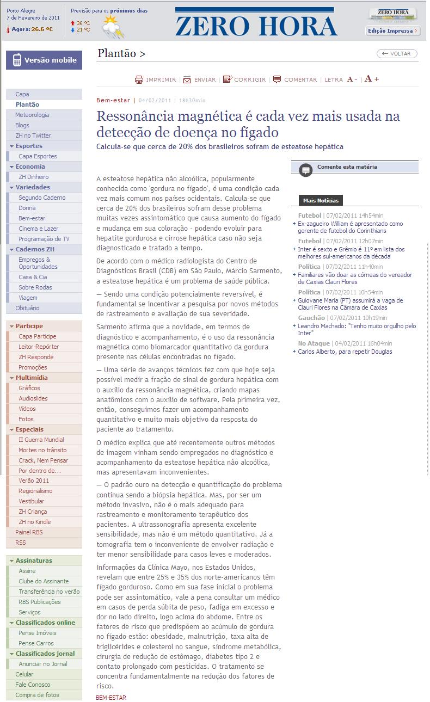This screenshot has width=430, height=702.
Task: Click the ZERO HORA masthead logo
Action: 256,25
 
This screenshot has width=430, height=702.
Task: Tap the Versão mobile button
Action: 44,60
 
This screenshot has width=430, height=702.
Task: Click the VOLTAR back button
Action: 397,53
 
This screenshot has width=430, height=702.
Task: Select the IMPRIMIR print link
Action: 156,79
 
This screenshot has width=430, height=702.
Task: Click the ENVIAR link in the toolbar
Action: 200,79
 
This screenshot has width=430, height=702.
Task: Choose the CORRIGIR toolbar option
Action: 244,79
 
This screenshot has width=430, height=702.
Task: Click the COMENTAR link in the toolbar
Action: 295,79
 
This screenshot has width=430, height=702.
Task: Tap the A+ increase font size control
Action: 372,79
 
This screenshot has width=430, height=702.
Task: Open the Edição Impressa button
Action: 392,31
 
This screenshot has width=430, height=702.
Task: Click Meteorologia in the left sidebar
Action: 32,115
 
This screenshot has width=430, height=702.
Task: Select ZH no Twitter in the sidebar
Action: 33,136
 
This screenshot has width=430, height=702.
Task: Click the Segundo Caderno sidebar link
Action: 42,198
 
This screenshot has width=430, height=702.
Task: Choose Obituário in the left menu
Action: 27,308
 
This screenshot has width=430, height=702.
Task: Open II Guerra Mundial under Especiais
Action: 41,440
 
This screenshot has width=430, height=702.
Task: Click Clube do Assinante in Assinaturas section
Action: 44,581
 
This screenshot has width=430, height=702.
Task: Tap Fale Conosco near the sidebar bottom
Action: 33,685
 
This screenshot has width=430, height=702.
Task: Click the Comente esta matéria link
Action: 347,167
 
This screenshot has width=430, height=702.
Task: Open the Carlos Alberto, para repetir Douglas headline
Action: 345,352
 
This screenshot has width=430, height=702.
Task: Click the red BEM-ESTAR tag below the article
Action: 110,698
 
